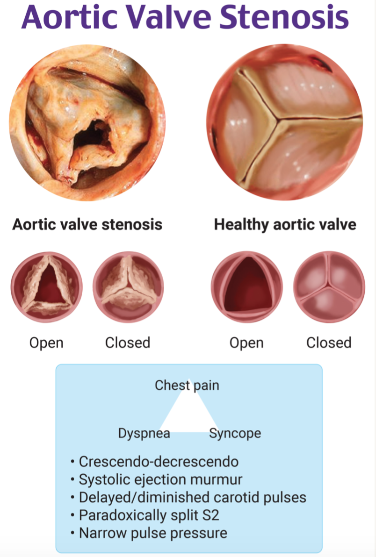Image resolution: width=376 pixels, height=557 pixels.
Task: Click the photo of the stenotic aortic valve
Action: click(x=87, y=122)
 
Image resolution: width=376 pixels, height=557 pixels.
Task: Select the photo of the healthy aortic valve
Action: click(x=285, y=122)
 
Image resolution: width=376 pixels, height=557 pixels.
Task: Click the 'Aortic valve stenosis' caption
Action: click(x=87, y=224)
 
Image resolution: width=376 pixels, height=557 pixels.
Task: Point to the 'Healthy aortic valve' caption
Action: click(x=285, y=224)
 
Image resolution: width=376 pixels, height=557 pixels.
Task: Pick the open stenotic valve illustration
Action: click(x=47, y=287)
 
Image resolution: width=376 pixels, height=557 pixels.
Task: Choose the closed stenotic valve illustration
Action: click(x=129, y=287)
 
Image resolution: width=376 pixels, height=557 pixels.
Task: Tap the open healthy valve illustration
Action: click(x=246, y=287)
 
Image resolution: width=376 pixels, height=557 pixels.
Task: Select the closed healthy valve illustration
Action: click(x=329, y=287)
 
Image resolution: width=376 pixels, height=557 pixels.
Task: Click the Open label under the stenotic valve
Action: click(x=47, y=343)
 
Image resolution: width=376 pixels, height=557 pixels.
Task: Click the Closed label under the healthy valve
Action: click(x=329, y=343)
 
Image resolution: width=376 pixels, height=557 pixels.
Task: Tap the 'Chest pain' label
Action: click(x=187, y=386)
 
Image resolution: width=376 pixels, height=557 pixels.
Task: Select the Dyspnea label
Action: click(x=144, y=434)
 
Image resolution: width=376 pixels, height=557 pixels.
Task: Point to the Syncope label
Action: click(x=235, y=434)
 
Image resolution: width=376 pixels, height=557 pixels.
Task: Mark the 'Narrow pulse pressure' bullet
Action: click(x=149, y=533)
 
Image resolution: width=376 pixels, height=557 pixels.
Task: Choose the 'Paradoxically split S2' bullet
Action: click(x=145, y=515)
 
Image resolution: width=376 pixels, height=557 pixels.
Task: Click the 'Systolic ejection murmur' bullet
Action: click(x=156, y=480)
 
